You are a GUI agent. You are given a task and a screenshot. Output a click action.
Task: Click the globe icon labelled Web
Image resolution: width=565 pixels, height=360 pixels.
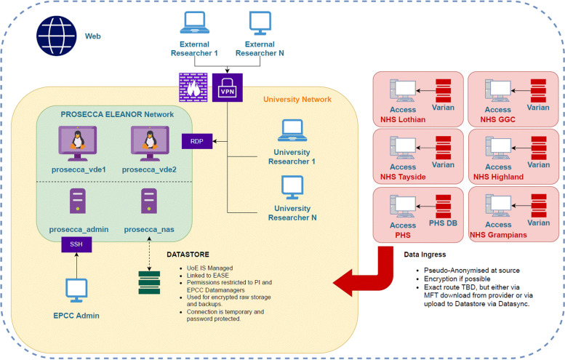pyautogui.click(x=57, y=36)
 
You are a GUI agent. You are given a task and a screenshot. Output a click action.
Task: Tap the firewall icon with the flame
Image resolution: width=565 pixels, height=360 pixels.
pyautogui.click(x=193, y=87)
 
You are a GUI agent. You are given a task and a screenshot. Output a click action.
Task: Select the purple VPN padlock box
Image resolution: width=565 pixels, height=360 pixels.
pyautogui.click(x=228, y=87)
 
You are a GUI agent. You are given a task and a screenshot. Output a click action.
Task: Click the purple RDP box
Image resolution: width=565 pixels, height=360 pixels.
pyautogui.click(x=197, y=141)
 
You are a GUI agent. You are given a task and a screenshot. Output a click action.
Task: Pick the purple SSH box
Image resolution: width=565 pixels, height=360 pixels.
pyautogui.click(x=76, y=244)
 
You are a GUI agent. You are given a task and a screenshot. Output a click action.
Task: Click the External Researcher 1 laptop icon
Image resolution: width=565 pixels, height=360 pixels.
pyautogui.click(x=195, y=23)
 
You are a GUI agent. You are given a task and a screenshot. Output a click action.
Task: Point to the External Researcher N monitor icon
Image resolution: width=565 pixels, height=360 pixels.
pyautogui.click(x=260, y=23)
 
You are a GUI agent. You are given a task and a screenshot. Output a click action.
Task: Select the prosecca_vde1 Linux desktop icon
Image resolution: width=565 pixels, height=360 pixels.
pyautogui.click(x=78, y=143)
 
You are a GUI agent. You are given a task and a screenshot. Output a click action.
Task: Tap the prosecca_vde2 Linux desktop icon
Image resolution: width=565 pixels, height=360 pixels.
pyautogui.click(x=150, y=143)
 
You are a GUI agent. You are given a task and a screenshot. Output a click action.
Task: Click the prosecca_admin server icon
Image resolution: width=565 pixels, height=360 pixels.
pyautogui.click(x=78, y=201)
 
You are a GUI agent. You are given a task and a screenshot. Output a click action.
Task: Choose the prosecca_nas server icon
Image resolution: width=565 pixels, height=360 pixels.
pyautogui.click(x=149, y=201)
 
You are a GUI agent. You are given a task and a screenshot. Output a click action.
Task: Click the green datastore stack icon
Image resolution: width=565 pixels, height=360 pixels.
pyautogui.click(x=149, y=283)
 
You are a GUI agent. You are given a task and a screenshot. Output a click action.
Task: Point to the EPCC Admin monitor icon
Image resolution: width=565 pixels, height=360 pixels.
pyautogui.click(x=76, y=290)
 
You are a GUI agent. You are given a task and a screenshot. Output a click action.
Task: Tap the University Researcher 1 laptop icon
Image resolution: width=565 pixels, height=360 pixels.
pyautogui.click(x=292, y=130)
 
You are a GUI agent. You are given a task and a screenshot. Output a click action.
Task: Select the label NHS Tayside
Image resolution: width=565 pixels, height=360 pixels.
pyautogui.click(x=403, y=177)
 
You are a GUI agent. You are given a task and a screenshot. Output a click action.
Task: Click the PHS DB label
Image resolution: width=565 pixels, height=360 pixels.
pyautogui.click(x=443, y=223)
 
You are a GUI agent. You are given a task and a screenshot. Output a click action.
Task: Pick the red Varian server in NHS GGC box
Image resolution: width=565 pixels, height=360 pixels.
pyautogui.click(x=538, y=91)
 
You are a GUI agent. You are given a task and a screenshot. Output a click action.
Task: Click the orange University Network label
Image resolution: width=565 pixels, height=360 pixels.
pyautogui.click(x=297, y=100)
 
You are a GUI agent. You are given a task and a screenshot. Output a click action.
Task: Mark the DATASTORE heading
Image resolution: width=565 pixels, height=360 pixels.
pyautogui.click(x=188, y=255)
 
